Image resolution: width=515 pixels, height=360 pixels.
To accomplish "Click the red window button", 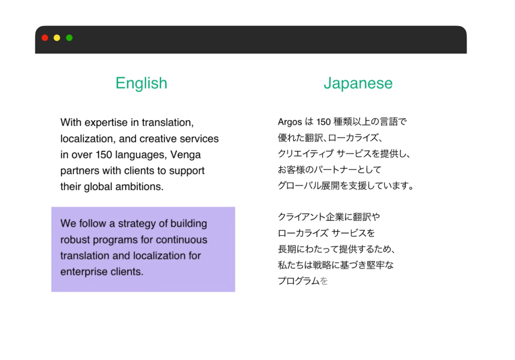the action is coord(45,38).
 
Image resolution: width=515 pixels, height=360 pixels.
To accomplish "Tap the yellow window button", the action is coord(57,38).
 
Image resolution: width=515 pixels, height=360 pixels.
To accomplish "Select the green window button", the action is coord(69,38).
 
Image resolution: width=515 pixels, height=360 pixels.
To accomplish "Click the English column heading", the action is coord(141,83).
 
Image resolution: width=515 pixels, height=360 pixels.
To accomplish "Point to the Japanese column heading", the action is coord(358,83).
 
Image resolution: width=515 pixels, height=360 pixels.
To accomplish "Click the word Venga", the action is coord(186,155).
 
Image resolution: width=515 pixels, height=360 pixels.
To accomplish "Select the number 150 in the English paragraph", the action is coord(104,155).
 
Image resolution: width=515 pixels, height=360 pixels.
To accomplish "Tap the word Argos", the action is coord(290,122).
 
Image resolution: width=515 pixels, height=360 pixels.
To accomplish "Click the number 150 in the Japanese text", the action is coord(323,122).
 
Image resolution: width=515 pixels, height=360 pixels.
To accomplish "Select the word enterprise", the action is coord(84,272).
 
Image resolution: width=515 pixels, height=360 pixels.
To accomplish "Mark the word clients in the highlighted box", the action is coord(127,272).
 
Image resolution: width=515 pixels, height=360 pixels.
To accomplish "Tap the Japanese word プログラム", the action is coord(299,281).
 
